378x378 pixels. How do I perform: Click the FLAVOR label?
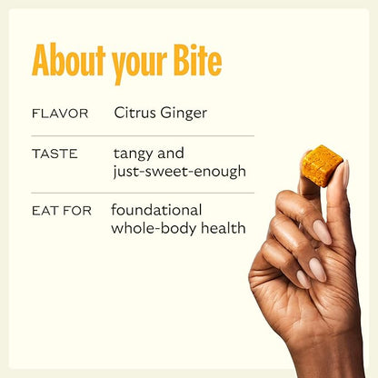(60, 114)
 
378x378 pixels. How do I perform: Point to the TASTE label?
(55, 155)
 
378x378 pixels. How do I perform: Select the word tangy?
(135, 154)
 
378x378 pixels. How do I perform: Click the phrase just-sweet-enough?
(180, 172)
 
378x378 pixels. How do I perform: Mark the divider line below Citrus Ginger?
(142, 135)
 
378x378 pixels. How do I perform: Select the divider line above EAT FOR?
(142, 193)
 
